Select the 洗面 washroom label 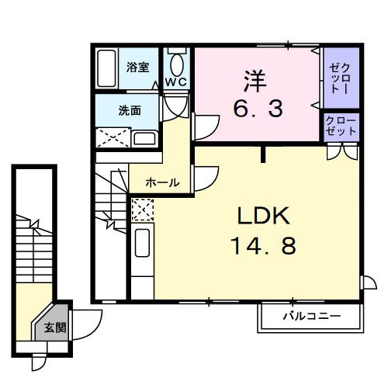pyautogui.click(x=129, y=110)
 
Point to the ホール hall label pyautogui.click(x=163, y=183)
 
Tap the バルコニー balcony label pyautogui.click(x=310, y=317)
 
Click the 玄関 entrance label pyautogui.click(x=54, y=327)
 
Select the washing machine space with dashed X pyautogui.click(x=113, y=138)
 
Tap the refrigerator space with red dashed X pyautogui.click(x=142, y=210)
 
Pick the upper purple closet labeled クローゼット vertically pyautogui.click(x=340, y=77)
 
